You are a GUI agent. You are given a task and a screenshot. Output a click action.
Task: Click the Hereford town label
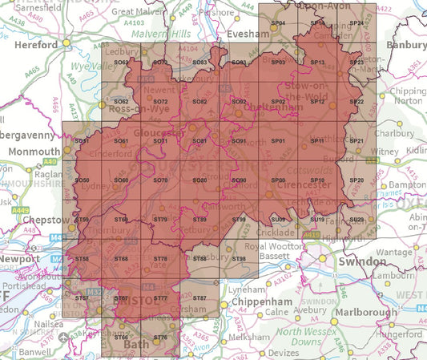[35, 45]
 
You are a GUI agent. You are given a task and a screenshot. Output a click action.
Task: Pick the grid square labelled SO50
[82, 180]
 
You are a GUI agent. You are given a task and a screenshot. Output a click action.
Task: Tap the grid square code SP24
[357, 24]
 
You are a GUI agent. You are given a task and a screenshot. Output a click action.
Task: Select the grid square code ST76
[159, 338]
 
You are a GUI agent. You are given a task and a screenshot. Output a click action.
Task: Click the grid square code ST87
[199, 298]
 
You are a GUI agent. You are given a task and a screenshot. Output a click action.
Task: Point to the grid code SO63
[121, 63]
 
